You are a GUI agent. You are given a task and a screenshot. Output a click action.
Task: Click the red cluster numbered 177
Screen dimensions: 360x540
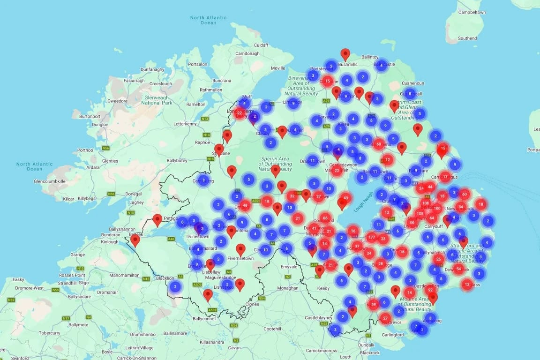(x=372, y=237)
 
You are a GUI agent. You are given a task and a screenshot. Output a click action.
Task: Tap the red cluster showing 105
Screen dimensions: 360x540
(x=420, y=213)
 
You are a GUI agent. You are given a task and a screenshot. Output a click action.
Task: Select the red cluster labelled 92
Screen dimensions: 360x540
(x=430, y=290)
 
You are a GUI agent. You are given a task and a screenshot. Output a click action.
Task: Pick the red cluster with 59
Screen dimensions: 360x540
(x=373, y=305)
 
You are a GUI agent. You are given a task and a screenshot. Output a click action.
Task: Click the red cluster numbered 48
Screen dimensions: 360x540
(x=245, y=205)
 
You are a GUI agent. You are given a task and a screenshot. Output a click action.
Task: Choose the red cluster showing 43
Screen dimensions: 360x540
(x=345, y=198)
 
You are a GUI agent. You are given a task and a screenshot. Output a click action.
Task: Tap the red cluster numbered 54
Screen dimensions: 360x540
(x=458, y=269)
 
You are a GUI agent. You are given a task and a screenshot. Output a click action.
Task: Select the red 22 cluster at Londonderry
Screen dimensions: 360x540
(x=240, y=113)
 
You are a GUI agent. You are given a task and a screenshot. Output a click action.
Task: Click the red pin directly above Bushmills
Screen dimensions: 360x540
(x=345, y=54)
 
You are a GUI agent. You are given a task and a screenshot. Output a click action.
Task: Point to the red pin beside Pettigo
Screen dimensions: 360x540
(x=157, y=219)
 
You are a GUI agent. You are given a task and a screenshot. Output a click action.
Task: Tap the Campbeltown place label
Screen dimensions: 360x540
(x=472, y=12)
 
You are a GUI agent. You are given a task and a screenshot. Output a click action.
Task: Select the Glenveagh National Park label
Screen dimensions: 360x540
(x=157, y=100)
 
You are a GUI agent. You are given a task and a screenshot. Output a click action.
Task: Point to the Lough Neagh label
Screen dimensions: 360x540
(x=364, y=202)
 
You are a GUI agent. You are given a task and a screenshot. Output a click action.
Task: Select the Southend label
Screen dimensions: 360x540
(x=467, y=38)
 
